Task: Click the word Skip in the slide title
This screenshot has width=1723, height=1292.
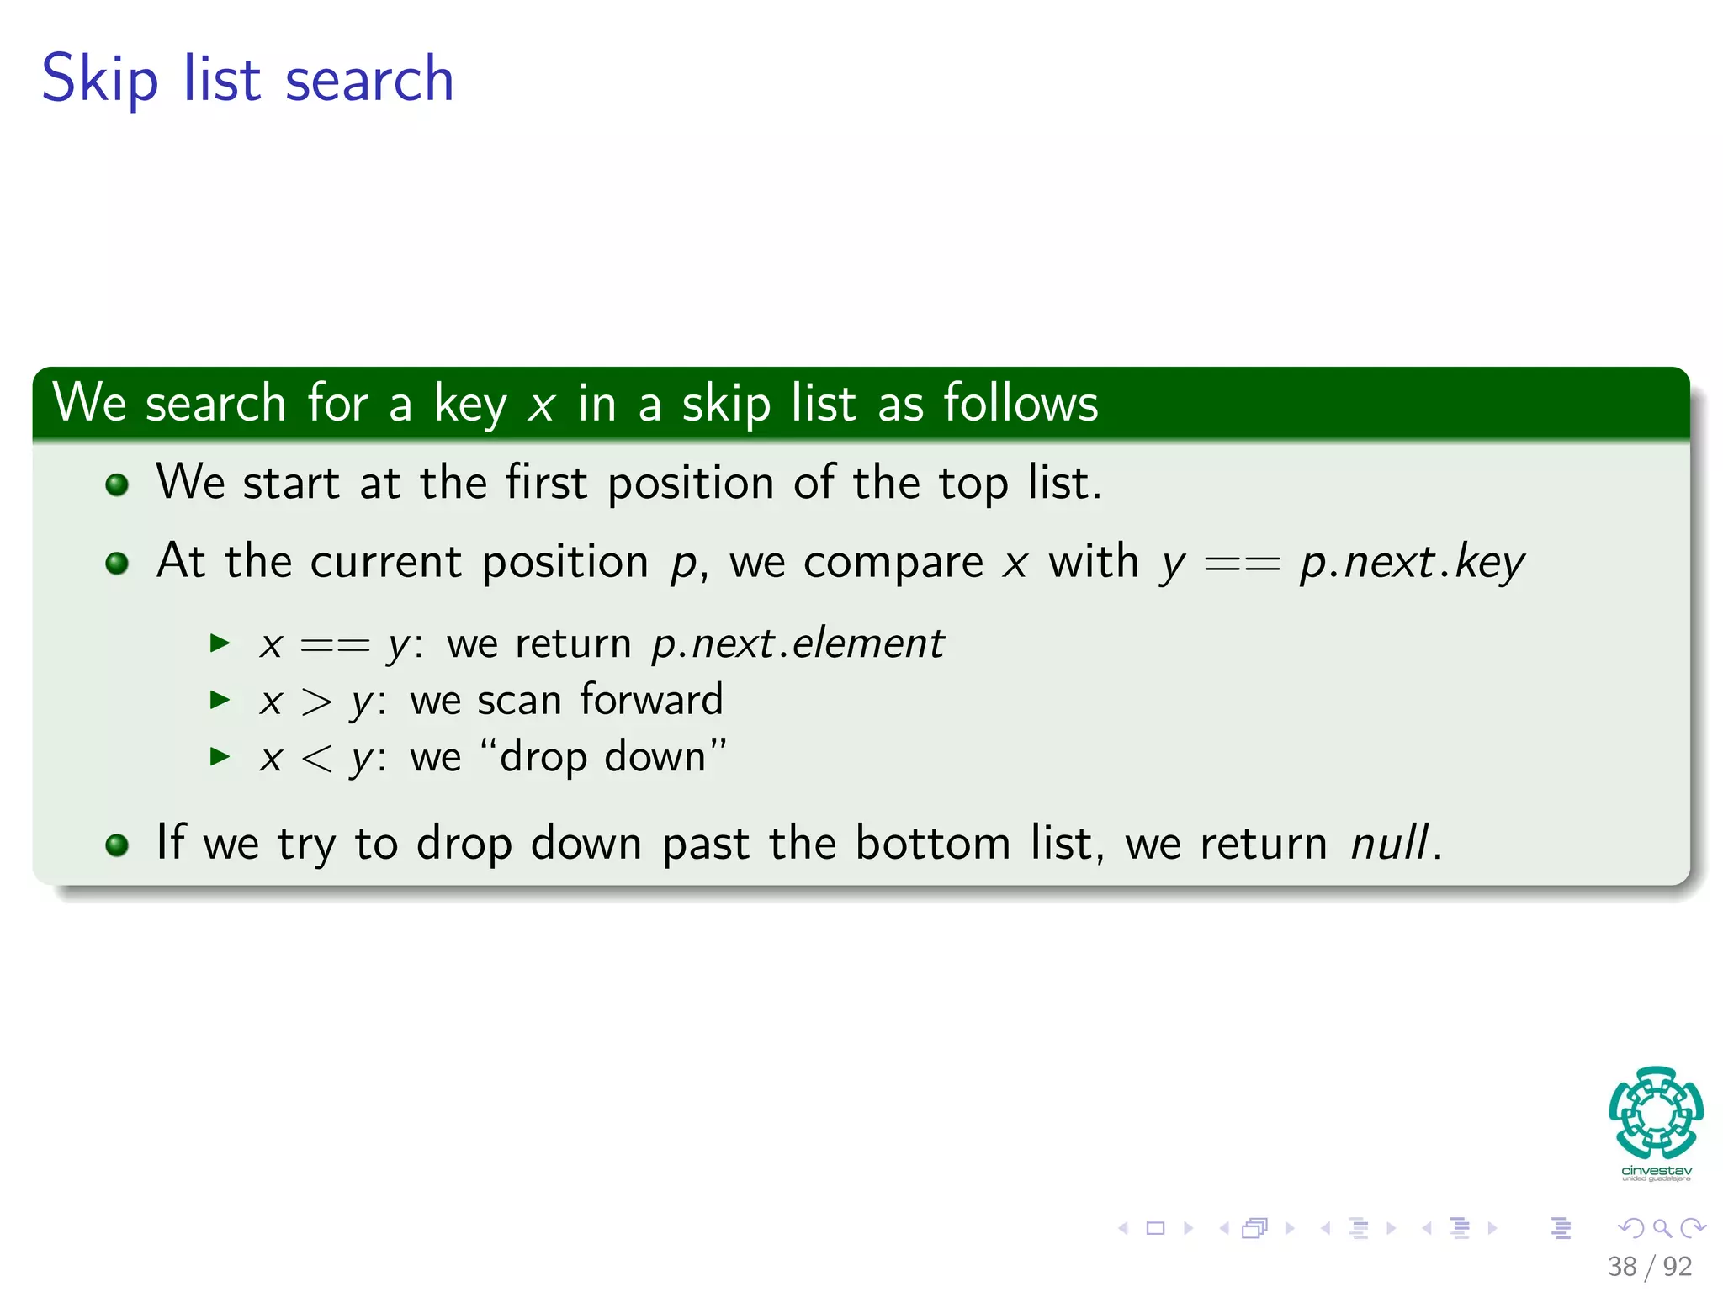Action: click(x=99, y=80)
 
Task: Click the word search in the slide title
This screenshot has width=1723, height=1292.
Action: click(x=369, y=80)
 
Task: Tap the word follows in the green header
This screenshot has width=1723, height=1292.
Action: click(x=1021, y=403)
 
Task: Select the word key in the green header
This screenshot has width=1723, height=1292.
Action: click(x=470, y=405)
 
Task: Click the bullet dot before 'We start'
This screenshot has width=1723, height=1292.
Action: click(x=118, y=484)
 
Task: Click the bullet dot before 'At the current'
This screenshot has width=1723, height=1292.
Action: click(x=118, y=563)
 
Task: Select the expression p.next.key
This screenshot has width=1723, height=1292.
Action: click(x=1412, y=563)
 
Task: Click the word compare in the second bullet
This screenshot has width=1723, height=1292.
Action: click(x=893, y=563)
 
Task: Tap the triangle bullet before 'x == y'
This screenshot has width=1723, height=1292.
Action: click(x=220, y=643)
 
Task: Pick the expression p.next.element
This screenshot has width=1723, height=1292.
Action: click(x=798, y=644)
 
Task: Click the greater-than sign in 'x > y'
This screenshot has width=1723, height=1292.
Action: click(x=316, y=702)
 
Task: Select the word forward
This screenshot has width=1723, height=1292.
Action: click(x=651, y=700)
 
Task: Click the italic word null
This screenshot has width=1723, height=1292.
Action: click(x=1389, y=843)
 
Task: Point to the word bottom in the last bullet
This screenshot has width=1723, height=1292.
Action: click(x=932, y=843)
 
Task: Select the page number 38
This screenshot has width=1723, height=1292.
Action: click(x=1621, y=1267)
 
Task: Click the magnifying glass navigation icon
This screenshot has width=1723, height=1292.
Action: click(x=1662, y=1228)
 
